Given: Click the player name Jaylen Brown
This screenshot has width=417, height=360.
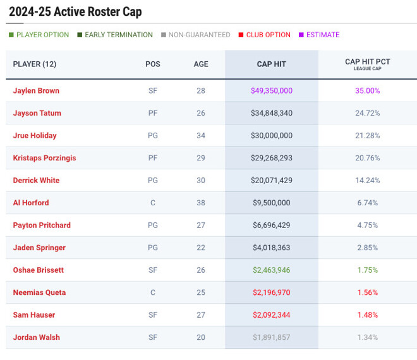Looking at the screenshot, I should (36, 91).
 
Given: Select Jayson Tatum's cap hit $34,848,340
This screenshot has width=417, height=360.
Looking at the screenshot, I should (272, 113).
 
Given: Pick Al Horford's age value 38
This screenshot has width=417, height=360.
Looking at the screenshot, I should (201, 203).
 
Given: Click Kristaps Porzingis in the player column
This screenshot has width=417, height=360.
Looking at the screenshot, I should (44, 158).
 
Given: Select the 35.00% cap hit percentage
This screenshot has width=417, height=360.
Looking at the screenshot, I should (368, 91).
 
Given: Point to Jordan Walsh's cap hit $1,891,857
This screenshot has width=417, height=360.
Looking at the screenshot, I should (272, 337).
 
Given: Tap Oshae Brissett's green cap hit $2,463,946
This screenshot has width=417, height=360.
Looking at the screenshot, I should (272, 270).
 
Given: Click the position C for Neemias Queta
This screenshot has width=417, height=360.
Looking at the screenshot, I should (153, 292).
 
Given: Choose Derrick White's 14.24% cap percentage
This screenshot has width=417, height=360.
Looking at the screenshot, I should (368, 181).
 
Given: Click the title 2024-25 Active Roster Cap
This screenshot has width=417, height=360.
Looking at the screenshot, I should (75, 12).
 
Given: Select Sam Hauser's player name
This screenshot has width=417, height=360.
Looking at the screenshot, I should (34, 315).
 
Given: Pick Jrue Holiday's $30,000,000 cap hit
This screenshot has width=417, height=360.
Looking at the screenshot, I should (272, 136).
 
